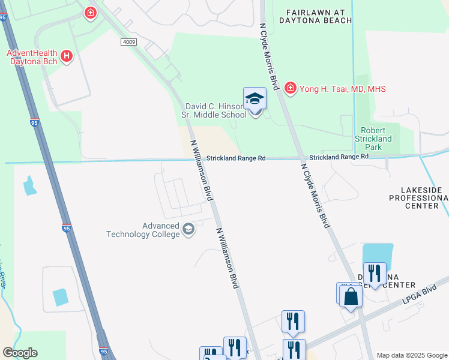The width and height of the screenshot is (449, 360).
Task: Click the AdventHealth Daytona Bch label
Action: (32, 57)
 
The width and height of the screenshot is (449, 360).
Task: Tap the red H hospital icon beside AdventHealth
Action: (67, 57)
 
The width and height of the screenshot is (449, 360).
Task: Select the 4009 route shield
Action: (128, 42)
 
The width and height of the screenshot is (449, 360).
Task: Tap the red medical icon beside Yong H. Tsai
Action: (291, 88)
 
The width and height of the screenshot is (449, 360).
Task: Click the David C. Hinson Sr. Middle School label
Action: (214, 110)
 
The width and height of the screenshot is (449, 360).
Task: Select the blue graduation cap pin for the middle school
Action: (255, 98)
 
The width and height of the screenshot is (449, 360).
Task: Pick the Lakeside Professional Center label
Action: (415, 197)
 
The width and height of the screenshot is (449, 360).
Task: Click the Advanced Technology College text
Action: (144, 230)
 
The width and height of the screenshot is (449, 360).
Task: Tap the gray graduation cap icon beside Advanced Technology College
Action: (188, 229)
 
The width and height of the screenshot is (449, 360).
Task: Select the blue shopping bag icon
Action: (351, 296)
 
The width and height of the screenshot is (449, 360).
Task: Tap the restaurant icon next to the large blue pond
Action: (374, 274)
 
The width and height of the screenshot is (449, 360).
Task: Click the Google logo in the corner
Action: (20, 353)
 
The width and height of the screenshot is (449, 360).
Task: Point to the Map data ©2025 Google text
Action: (411, 355)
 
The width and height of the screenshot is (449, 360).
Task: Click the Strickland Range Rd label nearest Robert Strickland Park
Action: (339, 157)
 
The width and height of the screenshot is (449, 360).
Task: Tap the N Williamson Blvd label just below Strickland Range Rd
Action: (202, 171)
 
